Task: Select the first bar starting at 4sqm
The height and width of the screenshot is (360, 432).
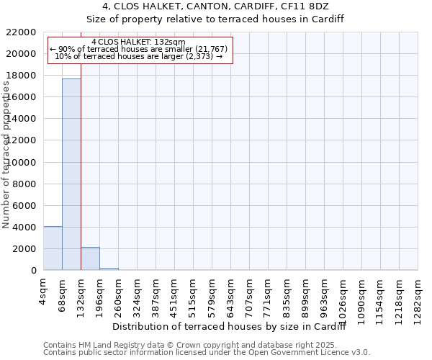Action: click(53, 248)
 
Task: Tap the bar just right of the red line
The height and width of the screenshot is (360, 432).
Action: click(90, 258)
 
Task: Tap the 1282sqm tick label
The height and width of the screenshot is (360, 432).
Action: click(418, 296)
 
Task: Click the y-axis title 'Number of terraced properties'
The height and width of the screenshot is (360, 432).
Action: click(6, 154)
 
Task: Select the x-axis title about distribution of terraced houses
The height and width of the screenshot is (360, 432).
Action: click(230, 327)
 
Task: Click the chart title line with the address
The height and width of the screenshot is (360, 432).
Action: click(216, 6)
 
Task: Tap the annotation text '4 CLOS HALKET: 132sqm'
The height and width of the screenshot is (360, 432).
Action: click(139, 42)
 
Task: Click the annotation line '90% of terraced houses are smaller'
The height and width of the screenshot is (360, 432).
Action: click(139, 49)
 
